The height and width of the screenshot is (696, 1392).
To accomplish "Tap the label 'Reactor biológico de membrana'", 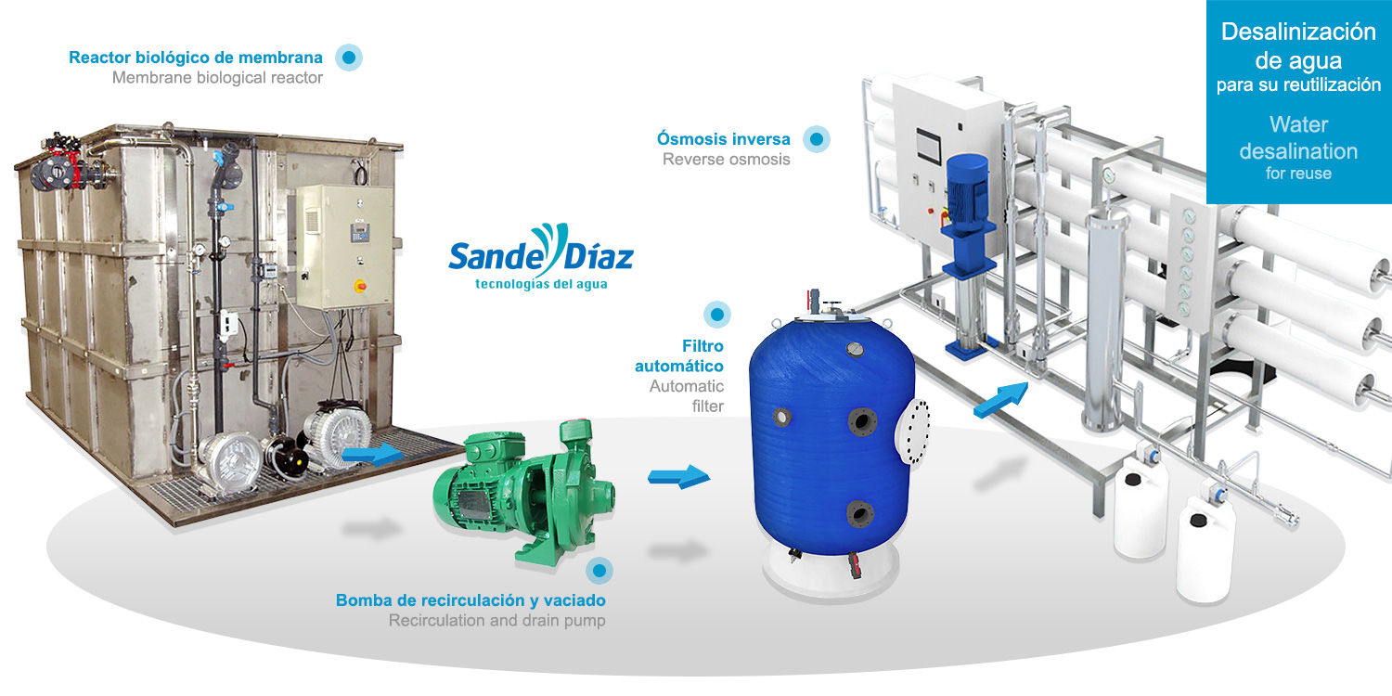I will coord(196,58).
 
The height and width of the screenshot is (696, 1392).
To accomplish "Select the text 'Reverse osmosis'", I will coord(726,160).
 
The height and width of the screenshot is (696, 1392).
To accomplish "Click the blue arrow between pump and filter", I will coord(678,477).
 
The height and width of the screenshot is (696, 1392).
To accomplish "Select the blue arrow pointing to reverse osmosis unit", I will coord(1001,397).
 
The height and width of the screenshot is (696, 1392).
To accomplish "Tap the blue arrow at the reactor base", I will coord(371,455).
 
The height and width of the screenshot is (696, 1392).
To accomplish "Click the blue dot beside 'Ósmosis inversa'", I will coord(817,139).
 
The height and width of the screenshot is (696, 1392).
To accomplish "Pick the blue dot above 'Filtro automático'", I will coord(716,315).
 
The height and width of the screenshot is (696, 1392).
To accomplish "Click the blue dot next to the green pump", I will coord(600,570).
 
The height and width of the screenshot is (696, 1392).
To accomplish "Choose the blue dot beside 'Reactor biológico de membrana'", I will coord(349,58).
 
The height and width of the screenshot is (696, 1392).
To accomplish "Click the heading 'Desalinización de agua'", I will coord(1297,46).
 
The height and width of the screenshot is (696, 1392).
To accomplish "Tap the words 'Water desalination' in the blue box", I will coord(1297,137).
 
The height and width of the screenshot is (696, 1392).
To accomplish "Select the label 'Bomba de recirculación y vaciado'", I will coord(470,600).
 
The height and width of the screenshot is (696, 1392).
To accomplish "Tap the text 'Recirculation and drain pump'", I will coord(496,621).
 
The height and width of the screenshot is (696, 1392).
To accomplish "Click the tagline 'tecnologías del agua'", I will coord(540,283).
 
